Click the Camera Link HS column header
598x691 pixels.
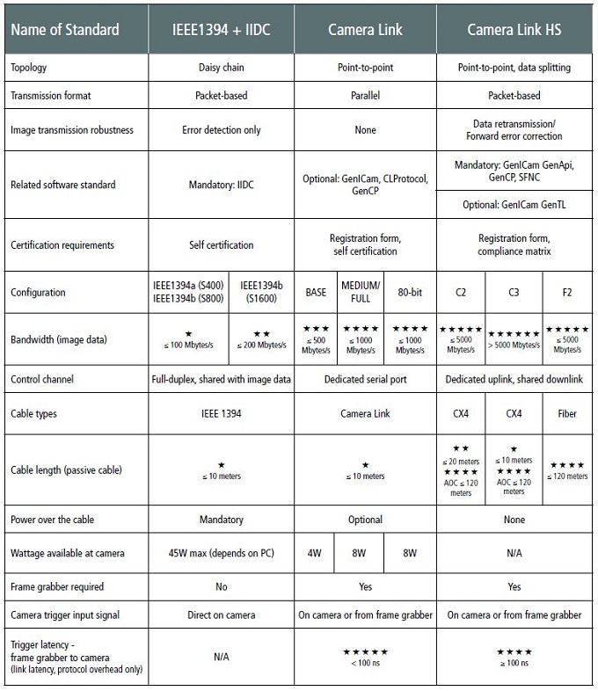tap(515, 30)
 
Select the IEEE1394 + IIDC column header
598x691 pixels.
tap(221, 30)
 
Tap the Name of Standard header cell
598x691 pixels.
tap(66, 30)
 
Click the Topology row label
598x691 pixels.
tap(30, 68)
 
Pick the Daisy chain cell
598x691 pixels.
tap(221, 68)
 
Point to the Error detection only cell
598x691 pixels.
tap(221, 130)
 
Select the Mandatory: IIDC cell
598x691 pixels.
tap(221, 185)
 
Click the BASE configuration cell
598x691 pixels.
tap(316, 292)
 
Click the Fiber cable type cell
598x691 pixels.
tap(566, 412)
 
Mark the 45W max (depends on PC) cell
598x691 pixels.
tap(221, 553)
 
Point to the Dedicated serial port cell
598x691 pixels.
tap(365, 380)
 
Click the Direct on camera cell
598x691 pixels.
tap(221, 615)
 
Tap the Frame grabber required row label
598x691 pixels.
tap(56, 586)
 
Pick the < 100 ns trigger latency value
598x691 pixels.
tap(365, 661)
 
